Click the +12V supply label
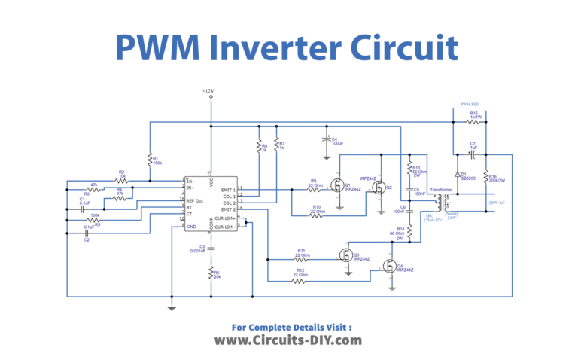point(208,92)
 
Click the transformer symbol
point(445,201)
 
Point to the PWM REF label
point(470,105)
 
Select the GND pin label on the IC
point(192,226)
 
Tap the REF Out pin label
point(196,202)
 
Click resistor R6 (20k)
point(211,275)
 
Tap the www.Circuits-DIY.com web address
point(288,340)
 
